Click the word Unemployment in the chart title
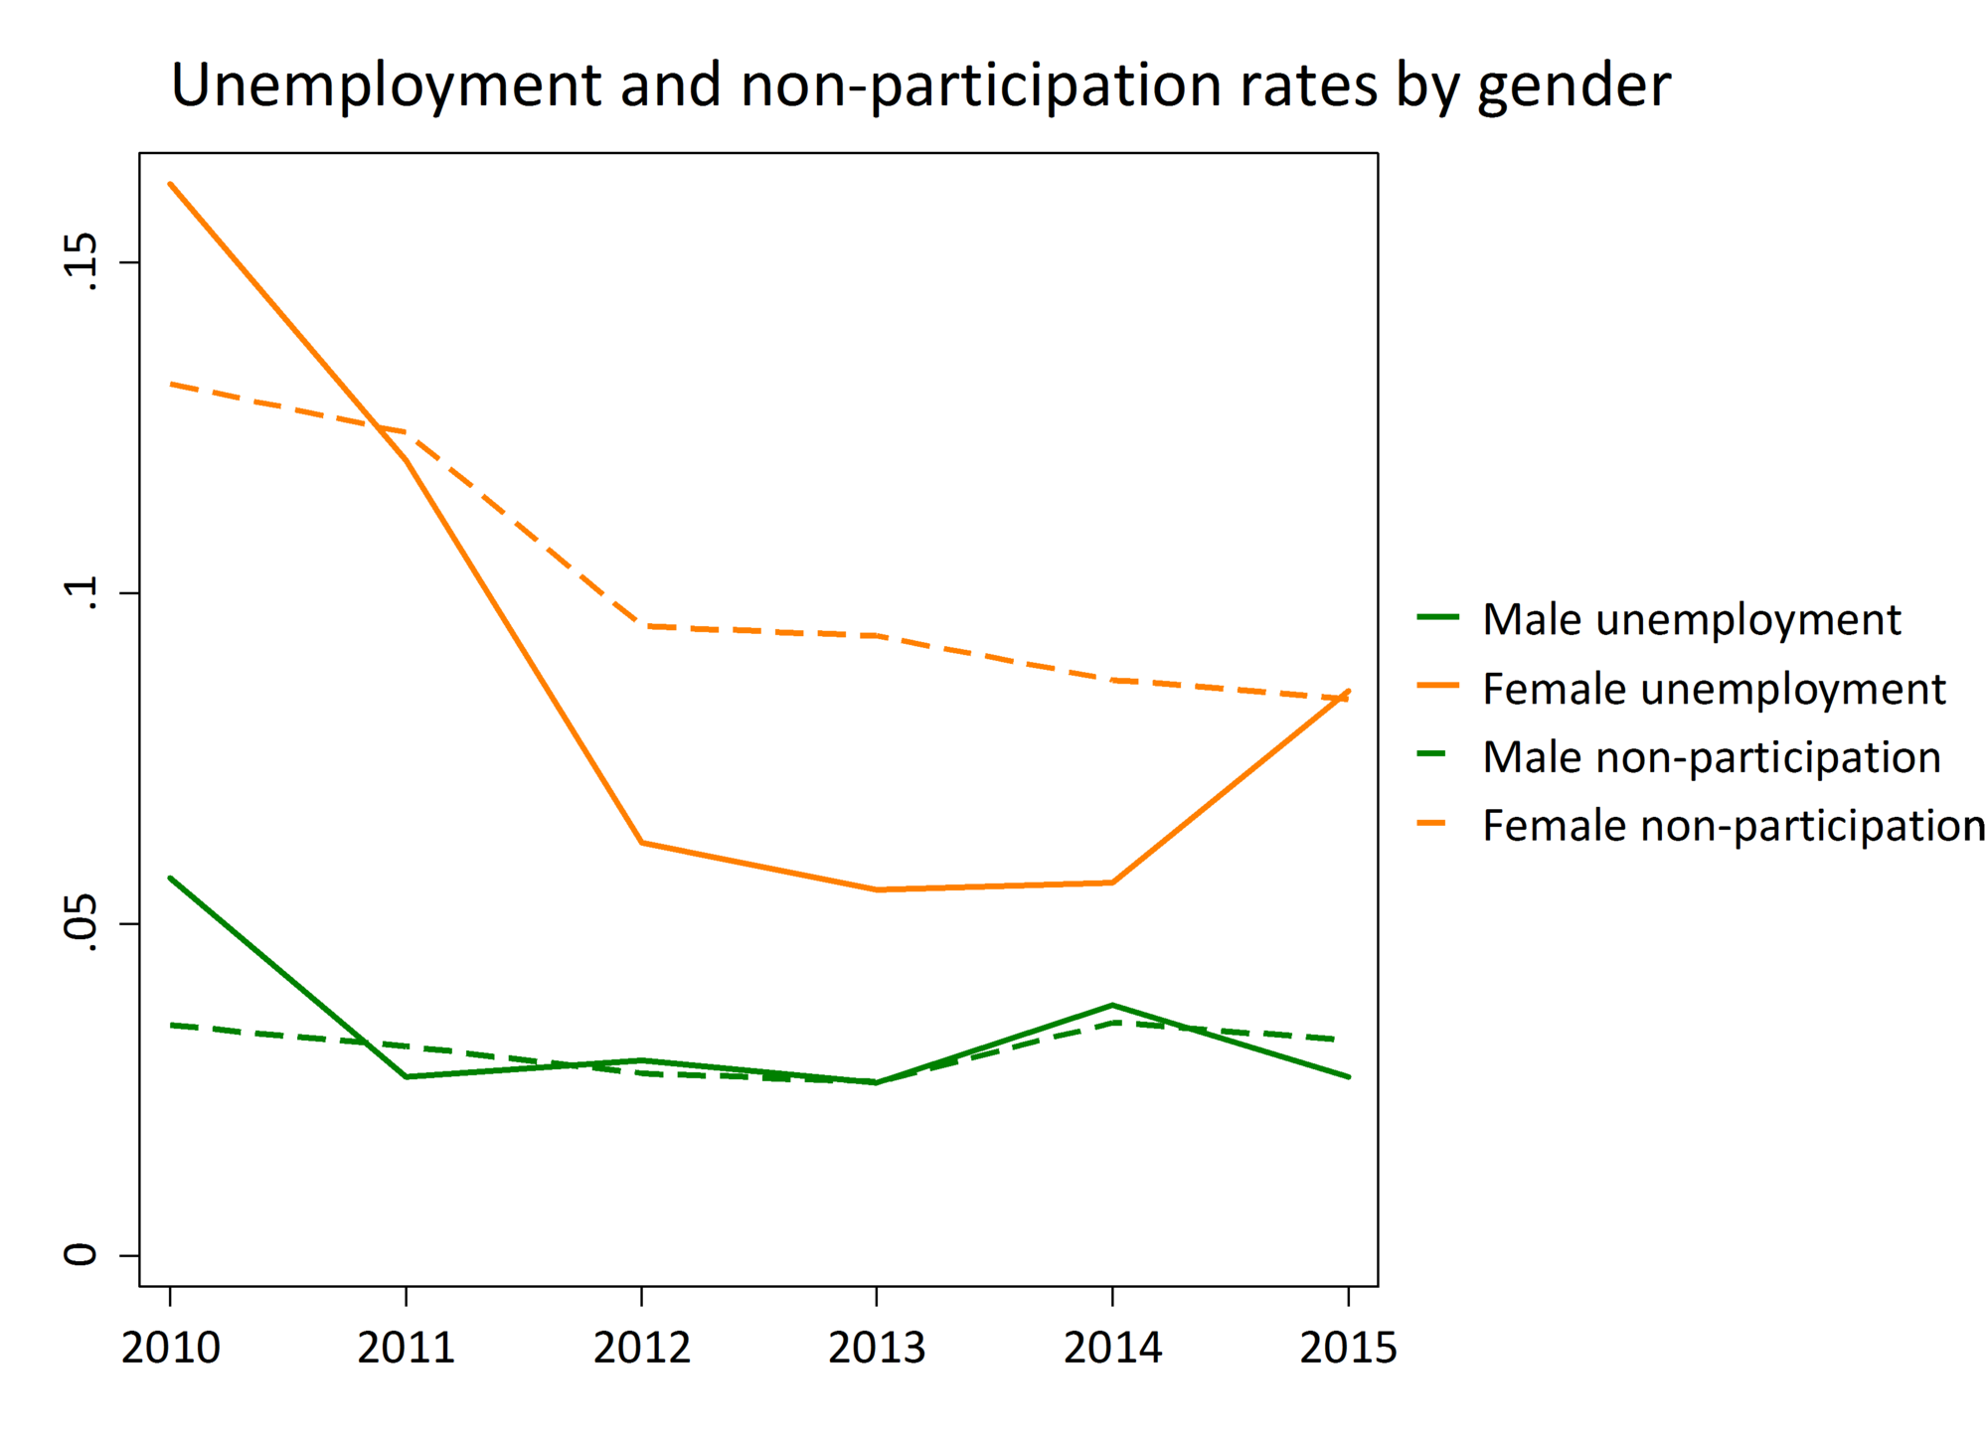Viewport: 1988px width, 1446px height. click(386, 86)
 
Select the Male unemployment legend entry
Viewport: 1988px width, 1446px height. click(1690, 619)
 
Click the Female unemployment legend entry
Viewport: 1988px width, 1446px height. click(1713, 689)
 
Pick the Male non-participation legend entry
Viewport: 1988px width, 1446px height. click(1711, 757)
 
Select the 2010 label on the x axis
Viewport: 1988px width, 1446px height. click(170, 1349)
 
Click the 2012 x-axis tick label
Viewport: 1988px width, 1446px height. click(641, 1349)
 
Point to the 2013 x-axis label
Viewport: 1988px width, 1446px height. click(876, 1349)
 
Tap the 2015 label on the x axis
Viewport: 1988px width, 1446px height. click(1348, 1349)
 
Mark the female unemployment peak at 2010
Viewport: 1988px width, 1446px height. click(171, 184)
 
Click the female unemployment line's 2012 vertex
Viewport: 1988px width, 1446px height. click(642, 843)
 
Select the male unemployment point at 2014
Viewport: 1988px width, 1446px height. click(1112, 1005)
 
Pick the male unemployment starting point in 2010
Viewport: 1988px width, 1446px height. click(171, 878)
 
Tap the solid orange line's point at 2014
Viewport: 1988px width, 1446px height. click(1112, 883)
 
